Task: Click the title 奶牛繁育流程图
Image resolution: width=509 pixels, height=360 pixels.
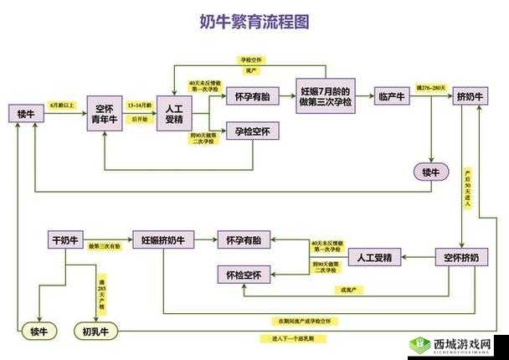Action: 254,22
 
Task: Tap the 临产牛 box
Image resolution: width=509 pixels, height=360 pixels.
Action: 391,97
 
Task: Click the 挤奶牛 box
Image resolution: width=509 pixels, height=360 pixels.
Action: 470,97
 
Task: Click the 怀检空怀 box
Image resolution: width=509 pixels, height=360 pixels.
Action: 243,274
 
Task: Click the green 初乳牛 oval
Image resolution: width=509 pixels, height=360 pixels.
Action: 97,331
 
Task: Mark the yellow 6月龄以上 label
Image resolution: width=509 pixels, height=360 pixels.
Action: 62,105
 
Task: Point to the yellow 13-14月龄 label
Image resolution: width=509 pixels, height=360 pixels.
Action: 139,105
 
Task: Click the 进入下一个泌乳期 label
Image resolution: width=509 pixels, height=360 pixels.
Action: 292,338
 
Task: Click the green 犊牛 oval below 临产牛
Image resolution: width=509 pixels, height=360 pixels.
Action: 430,172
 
